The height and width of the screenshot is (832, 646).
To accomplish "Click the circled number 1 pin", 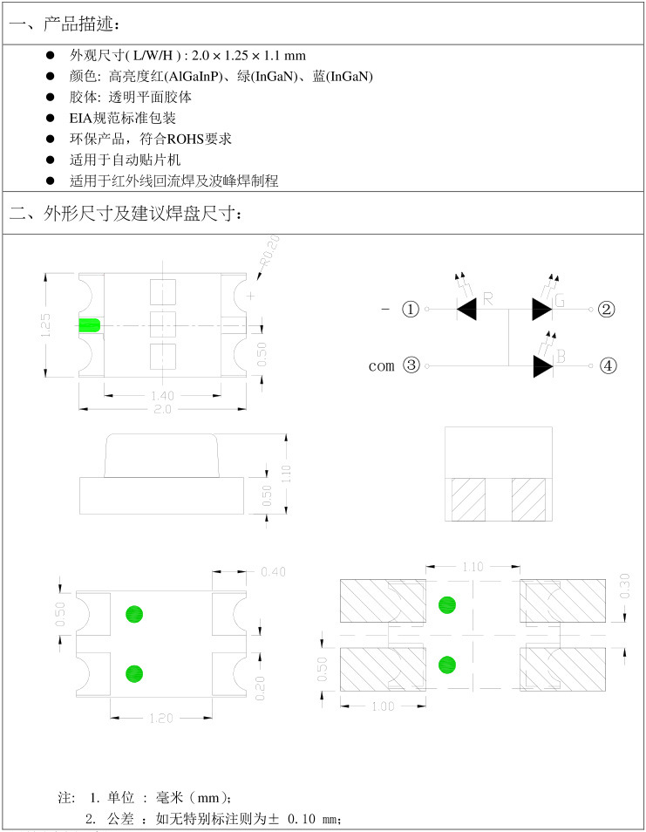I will point(411,309).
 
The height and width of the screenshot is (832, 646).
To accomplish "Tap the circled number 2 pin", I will point(608,309).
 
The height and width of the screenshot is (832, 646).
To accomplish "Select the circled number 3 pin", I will point(411,365).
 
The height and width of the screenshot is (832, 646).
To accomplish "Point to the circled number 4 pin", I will point(608,365).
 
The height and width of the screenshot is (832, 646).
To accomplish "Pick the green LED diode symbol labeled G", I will point(542,308).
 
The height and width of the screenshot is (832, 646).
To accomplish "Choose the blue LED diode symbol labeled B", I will point(542,365).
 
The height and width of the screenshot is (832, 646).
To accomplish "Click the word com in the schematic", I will point(382,365).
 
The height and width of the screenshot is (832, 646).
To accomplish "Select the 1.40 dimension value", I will point(163,395).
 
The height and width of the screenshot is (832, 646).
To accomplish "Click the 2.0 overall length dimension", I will point(163,408).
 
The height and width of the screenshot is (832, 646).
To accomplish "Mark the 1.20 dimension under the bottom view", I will point(162,718).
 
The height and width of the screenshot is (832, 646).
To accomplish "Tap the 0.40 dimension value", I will point(274,572).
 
